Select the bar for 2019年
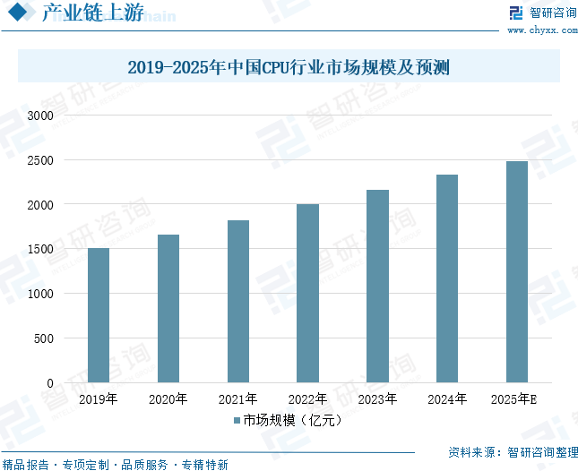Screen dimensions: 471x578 point(99,315)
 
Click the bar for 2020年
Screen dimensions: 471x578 point(168,309)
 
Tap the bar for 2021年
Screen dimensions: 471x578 point(238,302)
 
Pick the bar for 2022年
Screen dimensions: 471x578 point(307,294)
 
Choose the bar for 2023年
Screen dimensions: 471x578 point(377,287)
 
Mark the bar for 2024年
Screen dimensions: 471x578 point(447,278)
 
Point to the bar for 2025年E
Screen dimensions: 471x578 point(517,272)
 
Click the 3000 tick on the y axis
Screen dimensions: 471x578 point(40,116)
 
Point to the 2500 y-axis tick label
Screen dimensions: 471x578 point(40,160)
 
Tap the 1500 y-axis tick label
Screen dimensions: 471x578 point(40,249)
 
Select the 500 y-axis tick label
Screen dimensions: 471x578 point(44,338)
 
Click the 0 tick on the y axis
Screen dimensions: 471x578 point(50,383)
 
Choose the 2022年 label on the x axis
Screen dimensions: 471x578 point(307,399)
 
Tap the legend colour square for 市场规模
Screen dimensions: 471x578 point(237,420)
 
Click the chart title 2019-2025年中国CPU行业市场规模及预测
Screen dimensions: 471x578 point(288,67)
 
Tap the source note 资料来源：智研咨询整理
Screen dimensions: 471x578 point(513,452)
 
